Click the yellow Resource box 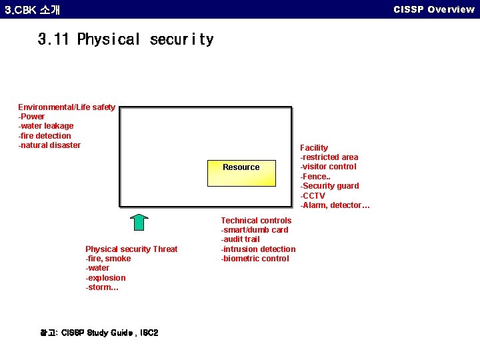tap(241, 172)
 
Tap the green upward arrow tap(139, 222)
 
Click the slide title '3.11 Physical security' tap(126, 39)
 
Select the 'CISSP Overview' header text tap(434, 9)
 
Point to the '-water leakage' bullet tap(46, 126)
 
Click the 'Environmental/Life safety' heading tap(67, 107)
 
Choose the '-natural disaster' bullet tap(49, 145)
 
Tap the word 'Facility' tap(314, 148)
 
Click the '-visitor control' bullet tap(329, 167)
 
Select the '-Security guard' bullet tap(330, 186)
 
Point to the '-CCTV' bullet tap(313, 196)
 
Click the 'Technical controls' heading tap(256, 221)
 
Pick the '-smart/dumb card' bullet tap(255, 230)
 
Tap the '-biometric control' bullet tap(255, 259)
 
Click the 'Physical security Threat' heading tap(131, 249)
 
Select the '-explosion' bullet tap(105, 278)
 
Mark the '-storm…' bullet tap(102, 288)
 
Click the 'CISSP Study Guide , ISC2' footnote tap(99, 333)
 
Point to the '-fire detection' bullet tap(45, 136)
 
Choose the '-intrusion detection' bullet tap(258, 249)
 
